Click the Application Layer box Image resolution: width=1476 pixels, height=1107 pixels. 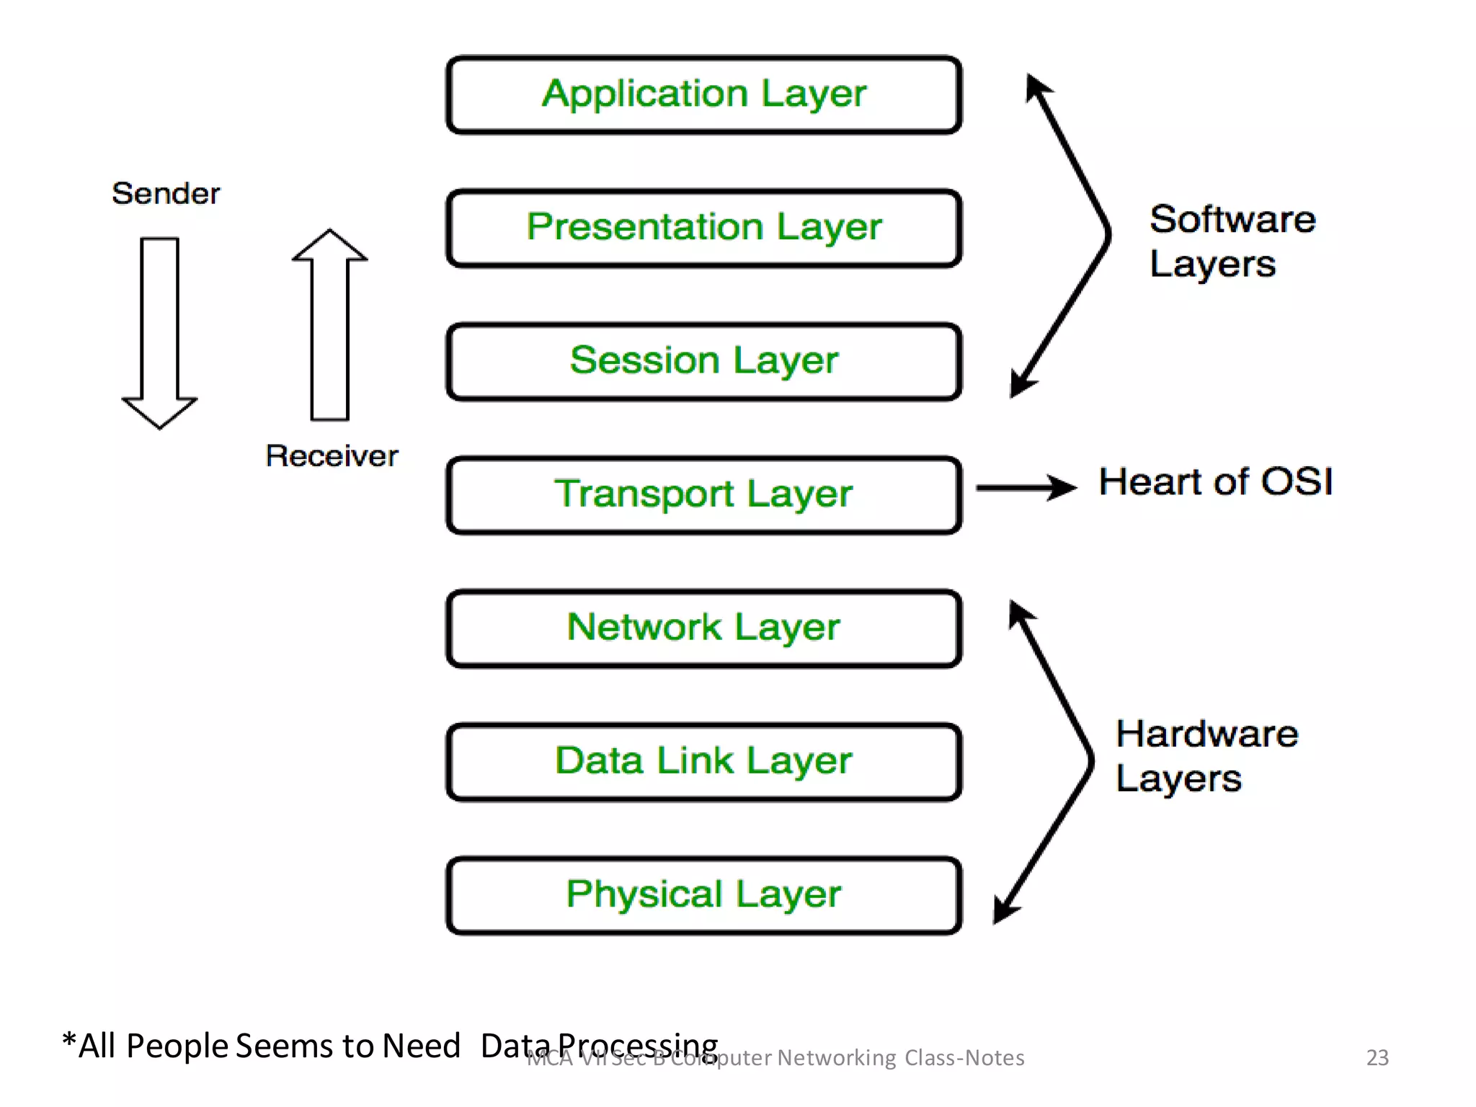(703, 94)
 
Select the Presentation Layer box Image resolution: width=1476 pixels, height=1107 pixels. (703, 228)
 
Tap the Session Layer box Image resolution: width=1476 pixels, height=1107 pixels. (703, 361)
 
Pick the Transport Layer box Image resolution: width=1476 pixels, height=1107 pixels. (703, 494)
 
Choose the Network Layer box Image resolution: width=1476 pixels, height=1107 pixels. (703, 628)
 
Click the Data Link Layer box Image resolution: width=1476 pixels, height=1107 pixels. (703, 761)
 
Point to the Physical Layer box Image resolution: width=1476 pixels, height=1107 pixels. (703, 894)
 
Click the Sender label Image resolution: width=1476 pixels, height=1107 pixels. (166, 193)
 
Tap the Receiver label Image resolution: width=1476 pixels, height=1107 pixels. (332, 455)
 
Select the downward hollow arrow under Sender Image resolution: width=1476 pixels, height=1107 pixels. (159, 332)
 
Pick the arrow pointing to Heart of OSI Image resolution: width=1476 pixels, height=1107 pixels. (1026, 487)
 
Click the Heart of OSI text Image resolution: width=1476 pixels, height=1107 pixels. (1215, 481)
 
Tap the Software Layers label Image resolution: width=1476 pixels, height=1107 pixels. (1231, 241)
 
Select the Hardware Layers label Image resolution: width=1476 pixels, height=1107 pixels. (1206, 756)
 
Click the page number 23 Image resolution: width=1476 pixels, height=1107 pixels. (1377, 1057)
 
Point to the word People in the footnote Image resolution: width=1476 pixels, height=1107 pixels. (177, 1046)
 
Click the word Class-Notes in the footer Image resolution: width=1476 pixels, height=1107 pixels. (964, 1057)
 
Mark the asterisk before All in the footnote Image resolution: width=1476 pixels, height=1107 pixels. (69, 1041)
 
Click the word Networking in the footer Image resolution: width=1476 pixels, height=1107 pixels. (836, 1057)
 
